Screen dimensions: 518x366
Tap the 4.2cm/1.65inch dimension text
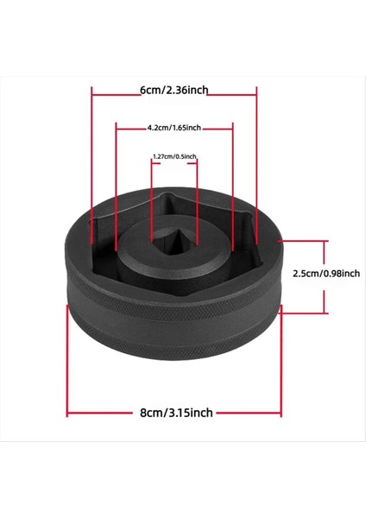(174, 128)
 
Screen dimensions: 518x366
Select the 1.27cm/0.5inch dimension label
(174, 156)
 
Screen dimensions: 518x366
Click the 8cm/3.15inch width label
(175, 413)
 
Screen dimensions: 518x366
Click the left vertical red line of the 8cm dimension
(67, 363)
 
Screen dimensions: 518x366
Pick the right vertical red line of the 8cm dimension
(283, 363)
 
